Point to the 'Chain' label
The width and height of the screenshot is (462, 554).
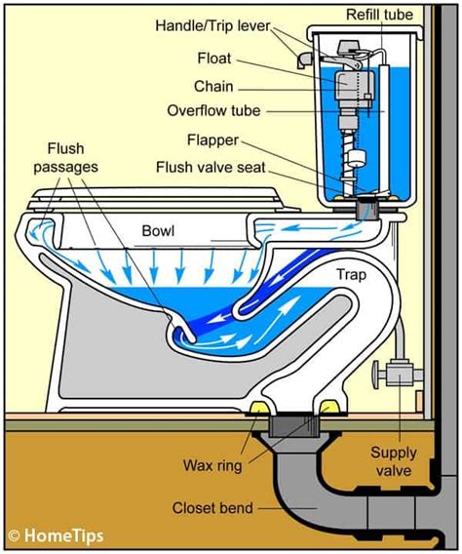(213, 85)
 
